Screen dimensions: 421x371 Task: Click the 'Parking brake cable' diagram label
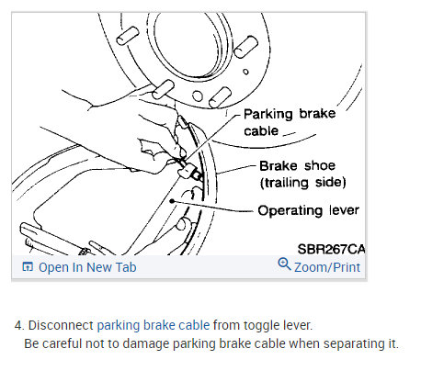(x=290, y=122)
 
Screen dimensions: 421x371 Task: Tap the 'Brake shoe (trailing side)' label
(x=302, y=174)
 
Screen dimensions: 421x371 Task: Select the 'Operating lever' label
(x=308, y=210)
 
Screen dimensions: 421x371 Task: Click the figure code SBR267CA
(x=331, y=249)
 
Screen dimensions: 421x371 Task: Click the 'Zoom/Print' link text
(x=327, y=267)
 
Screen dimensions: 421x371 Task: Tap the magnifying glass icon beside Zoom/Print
(x=284, y=264)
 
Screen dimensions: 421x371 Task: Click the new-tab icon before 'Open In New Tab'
(x=28, y=267)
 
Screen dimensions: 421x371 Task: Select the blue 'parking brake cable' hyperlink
(x=154, y=325)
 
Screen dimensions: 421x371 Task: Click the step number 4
(x=19, y=325)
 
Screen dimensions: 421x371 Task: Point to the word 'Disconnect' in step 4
(x=61, y=325)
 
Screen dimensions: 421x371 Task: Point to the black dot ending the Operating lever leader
(x=172, y=201)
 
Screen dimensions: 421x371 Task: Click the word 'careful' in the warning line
(x=63, y=343)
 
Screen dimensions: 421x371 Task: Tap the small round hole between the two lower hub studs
(x=198, y=96)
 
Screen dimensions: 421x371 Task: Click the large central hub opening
(x=184, y=43)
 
